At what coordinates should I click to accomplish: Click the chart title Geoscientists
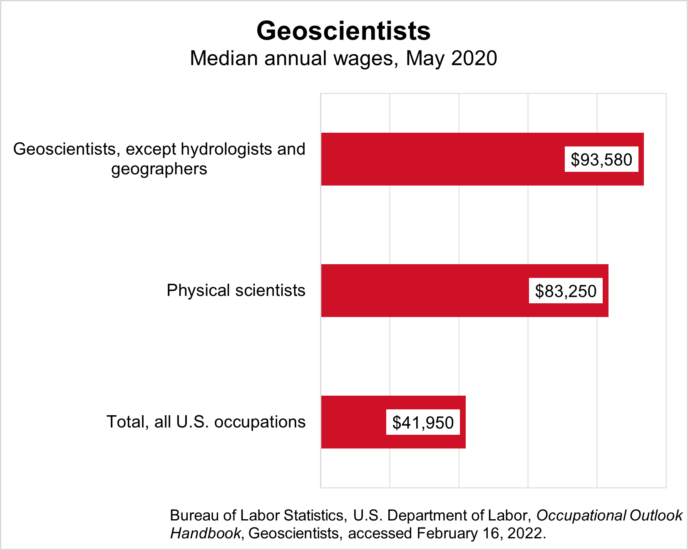point(343,31)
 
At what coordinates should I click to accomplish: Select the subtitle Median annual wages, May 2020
point(343,58)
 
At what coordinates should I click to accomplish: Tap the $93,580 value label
point(601,160)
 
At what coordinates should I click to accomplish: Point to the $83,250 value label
point(566,291)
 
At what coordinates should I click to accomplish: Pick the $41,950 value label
point(423,423)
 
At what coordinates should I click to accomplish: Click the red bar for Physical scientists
point(425,290)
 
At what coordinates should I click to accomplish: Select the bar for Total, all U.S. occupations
point(354,422)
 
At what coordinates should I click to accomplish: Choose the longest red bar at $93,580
point(441,159)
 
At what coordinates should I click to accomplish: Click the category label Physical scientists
point(236,290)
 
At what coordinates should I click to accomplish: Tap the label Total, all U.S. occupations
point(206,422)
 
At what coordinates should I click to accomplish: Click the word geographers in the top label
point(159,169)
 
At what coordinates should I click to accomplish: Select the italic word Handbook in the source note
point(205,533)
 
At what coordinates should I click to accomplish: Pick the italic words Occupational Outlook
point(609,515)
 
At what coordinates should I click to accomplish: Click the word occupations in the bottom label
point(260,422)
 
